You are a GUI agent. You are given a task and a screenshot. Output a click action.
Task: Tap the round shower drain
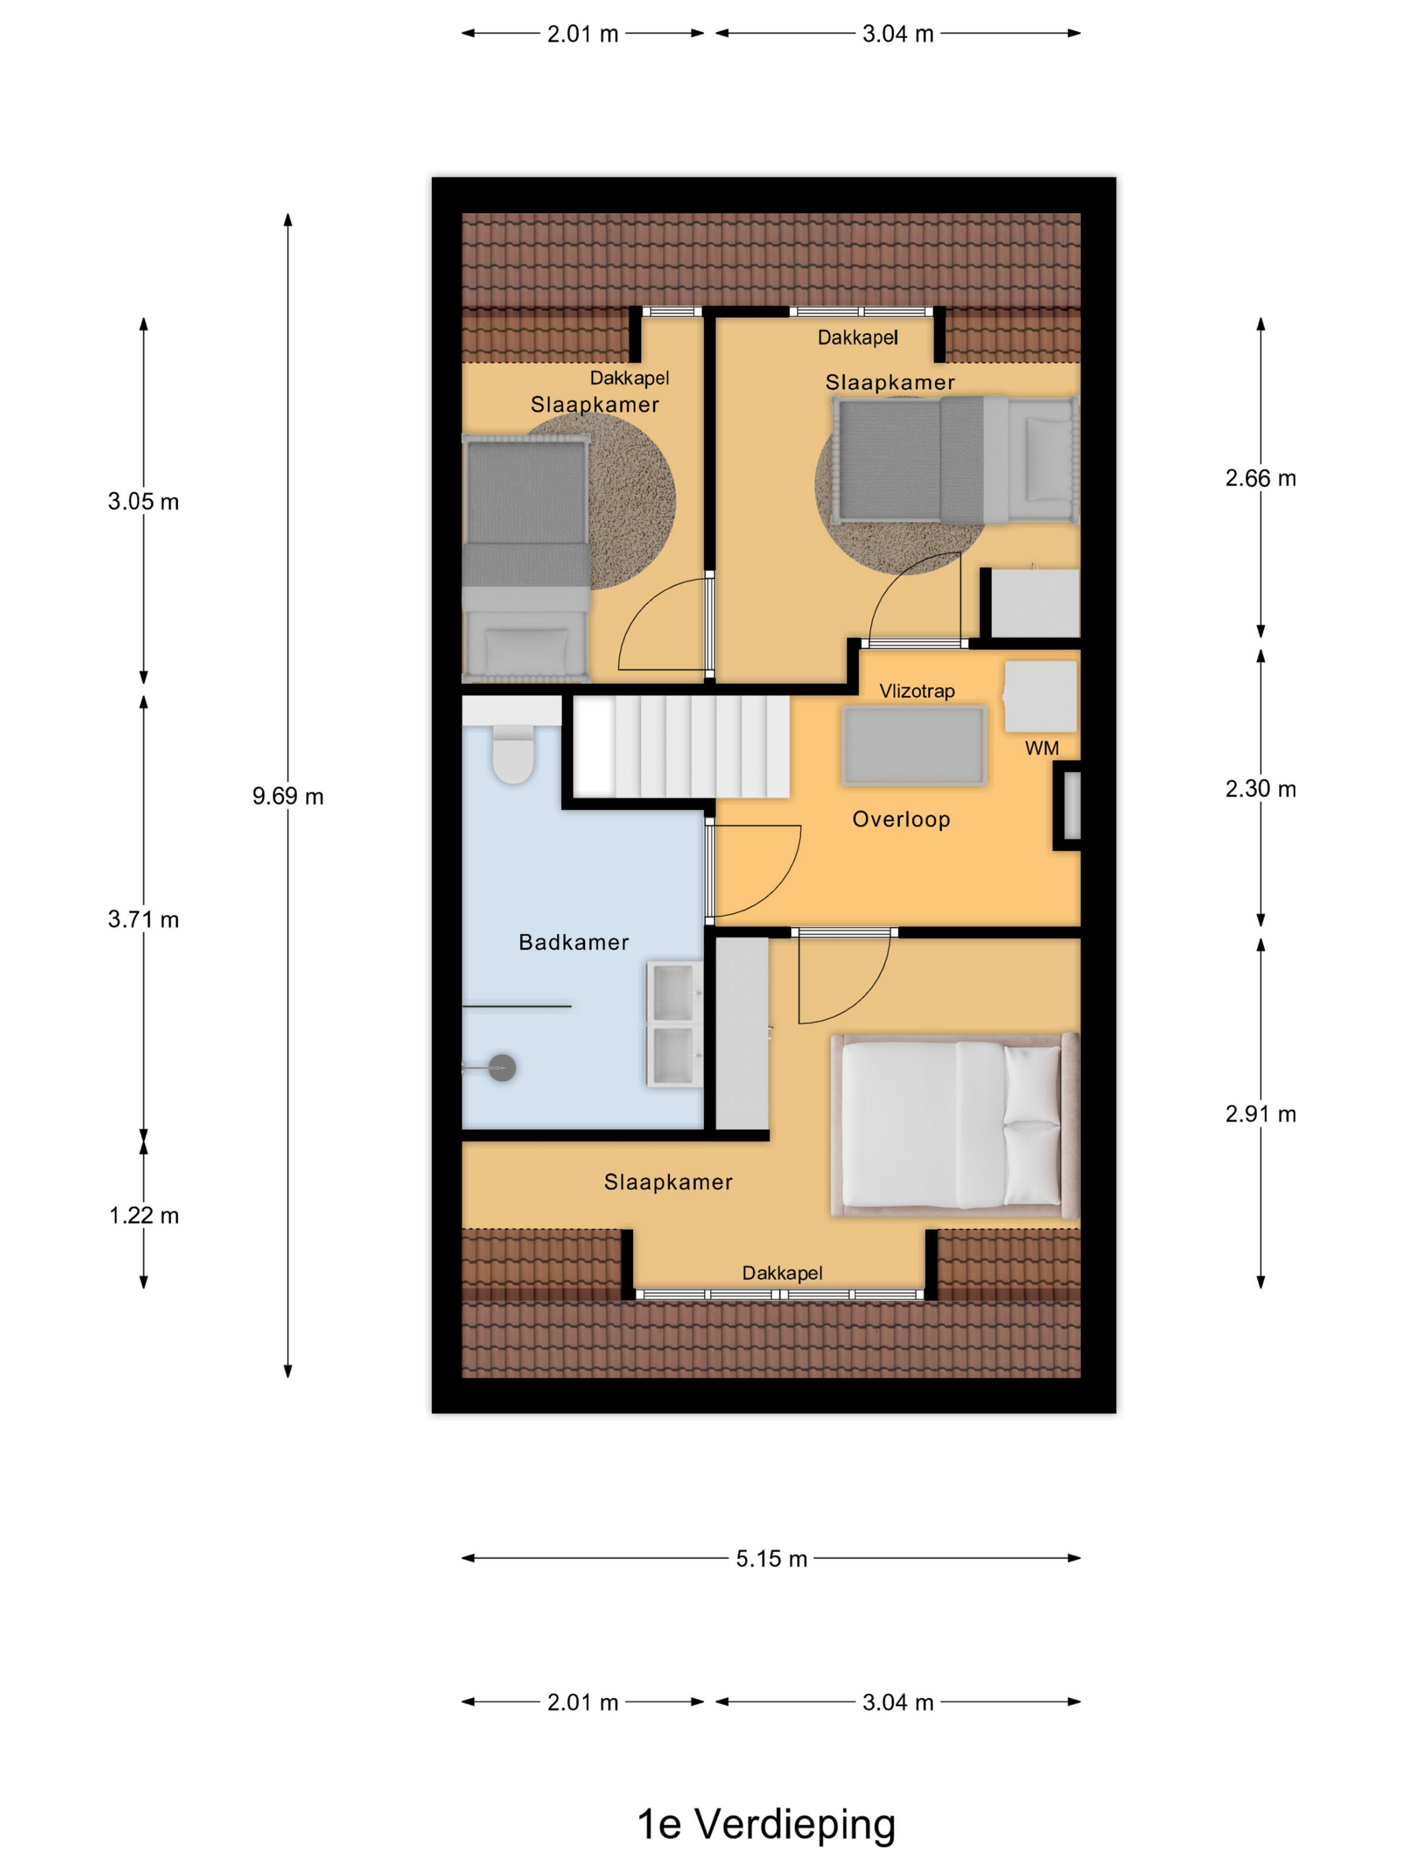point(502,1068)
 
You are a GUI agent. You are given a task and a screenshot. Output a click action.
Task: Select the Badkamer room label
point(573,943)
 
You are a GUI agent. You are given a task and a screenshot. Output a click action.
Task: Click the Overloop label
point(901,819)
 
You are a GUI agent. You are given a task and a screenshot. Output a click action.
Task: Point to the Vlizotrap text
point(917,691)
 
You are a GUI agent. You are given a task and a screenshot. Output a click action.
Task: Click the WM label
point(1041,748)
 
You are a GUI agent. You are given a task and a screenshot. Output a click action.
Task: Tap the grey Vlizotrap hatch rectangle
point(914,745)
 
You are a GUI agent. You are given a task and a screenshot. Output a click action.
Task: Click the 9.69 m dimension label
point(287,796)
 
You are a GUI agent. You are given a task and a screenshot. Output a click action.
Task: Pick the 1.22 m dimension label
point(144,1216)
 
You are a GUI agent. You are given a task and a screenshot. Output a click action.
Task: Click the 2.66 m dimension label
point(1260,479)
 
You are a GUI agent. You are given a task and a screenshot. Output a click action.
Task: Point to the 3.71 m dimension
point(144,920)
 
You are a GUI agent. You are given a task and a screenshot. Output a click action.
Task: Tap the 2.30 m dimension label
point(1260,790)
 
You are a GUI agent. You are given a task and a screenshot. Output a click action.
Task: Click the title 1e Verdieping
point(766,1824)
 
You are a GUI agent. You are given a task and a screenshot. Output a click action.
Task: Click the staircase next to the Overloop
point(681,746)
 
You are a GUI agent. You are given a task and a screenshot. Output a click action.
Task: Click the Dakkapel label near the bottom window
point(782,1273)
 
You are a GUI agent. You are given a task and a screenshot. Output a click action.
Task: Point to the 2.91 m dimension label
point(1260,1115)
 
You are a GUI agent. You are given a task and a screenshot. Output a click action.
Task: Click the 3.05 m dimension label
point(144,502)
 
